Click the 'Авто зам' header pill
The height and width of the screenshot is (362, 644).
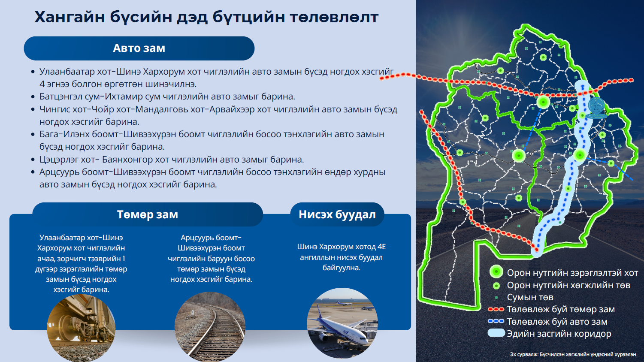(x=139, y=48)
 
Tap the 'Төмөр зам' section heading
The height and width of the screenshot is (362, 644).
(x=148, y=214)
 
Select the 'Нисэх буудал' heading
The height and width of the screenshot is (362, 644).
(x=337, y=214)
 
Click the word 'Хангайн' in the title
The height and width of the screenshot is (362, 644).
(x=69, y=17)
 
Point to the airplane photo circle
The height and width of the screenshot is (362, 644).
(x=342, y=323)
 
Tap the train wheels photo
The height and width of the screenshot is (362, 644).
(x=81, y=328)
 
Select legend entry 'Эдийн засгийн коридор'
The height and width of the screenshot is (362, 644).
(x=550, y=334)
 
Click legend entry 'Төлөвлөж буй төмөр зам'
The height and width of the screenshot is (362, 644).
(x=551, y=309)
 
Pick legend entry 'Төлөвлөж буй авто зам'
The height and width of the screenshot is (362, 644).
(x=548, y=322)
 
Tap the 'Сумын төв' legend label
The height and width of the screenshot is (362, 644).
(x=530, y=297)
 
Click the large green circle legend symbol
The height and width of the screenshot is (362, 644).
(x=496, y=272)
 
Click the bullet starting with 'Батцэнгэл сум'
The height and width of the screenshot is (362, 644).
(x=167, y=96)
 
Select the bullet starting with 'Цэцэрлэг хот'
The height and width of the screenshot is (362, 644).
(x=172, y=160)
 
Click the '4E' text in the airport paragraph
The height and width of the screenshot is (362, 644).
(x=382, y=247)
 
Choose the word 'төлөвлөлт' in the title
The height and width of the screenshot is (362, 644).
(x=334, y=17)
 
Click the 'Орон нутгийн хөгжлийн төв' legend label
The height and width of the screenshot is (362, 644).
(x=568, y=285)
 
